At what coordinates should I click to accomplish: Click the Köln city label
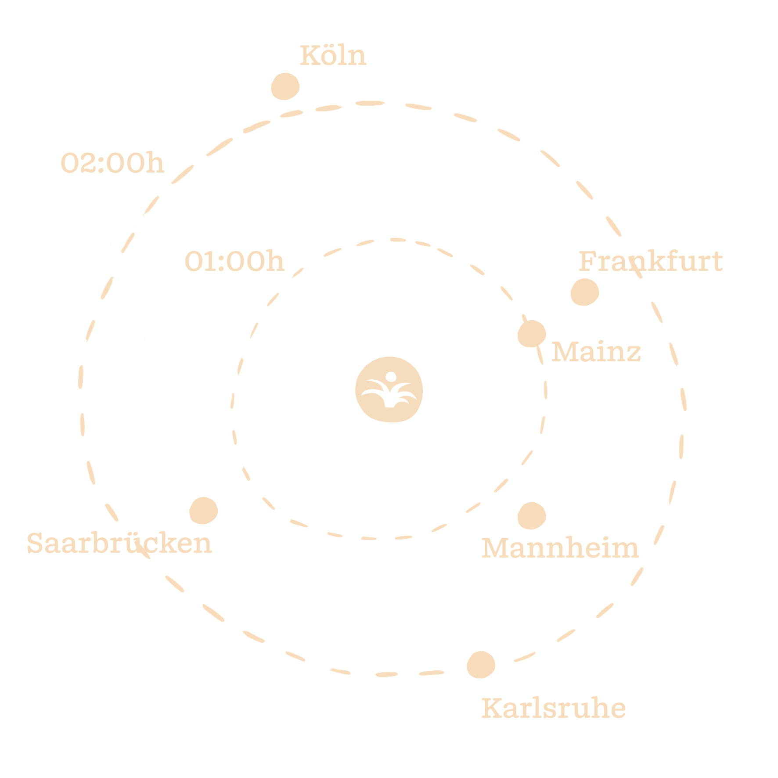tap(333, 56)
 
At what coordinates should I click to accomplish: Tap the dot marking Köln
tap(285, 86)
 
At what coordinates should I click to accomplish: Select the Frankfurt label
tap(650, 262)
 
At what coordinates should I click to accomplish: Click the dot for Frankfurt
tap(585, 292)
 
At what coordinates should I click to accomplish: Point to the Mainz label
tap(596, 352)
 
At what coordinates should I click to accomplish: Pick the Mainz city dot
tap(531, 334)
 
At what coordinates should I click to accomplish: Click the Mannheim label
tap(560, 548)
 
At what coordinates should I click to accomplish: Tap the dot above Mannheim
tap(531, 515)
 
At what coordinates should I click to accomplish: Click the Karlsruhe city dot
tap(481, 665)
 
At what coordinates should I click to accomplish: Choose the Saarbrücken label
tap(119, 544)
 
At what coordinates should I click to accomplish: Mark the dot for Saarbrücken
tap(203, 511)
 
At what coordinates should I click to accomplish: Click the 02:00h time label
tap(112, 163)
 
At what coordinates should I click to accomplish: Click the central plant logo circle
tap(389, 389)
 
